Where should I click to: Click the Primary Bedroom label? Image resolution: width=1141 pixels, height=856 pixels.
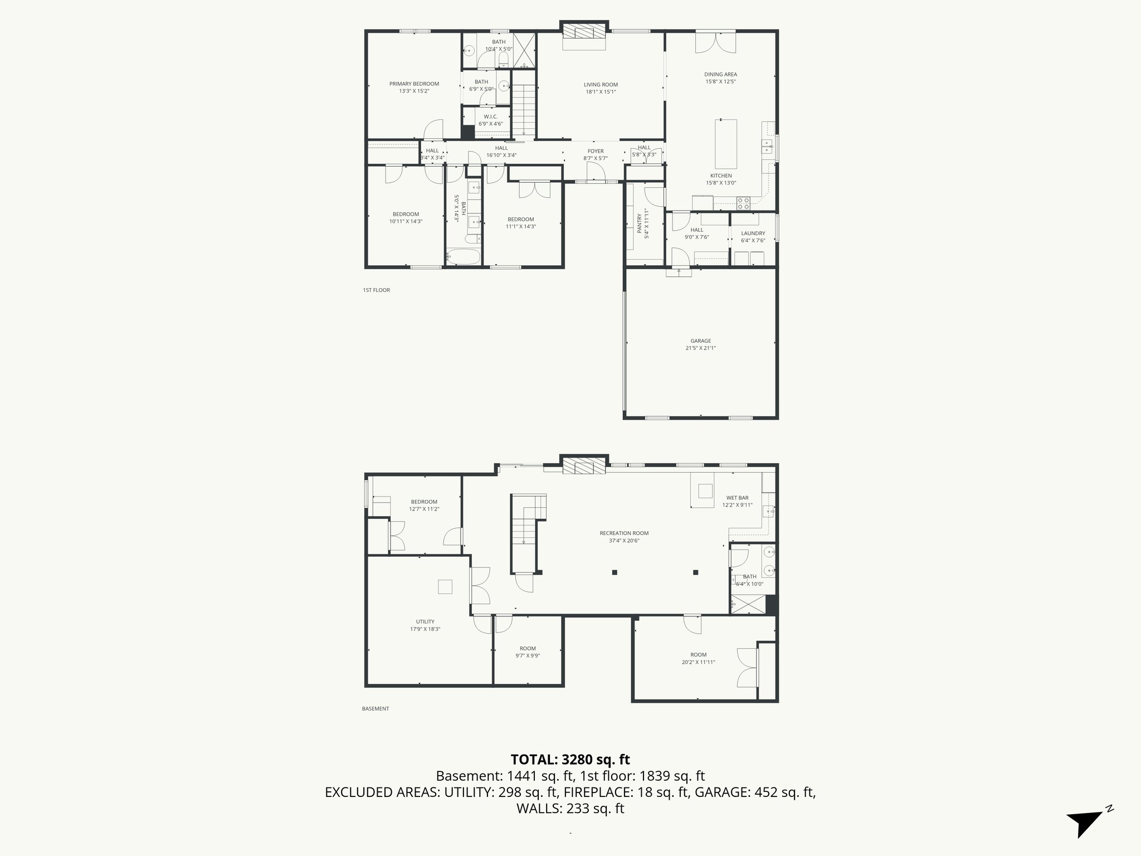point(414,84)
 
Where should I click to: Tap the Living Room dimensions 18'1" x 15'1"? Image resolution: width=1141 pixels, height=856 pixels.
point(601,92)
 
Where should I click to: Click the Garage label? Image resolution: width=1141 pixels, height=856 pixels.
point(700,341)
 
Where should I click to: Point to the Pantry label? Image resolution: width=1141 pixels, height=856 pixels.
point(639,223)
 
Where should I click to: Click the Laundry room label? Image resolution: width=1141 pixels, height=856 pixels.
point(753,234)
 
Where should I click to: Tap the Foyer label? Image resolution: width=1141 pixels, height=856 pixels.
point(595,151)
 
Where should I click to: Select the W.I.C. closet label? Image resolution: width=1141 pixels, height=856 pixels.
point(490,116)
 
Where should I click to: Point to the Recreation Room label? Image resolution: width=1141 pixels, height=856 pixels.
point(624,533)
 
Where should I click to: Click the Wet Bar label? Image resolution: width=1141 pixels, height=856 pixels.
point(737,498)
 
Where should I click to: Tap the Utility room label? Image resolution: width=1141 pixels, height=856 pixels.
point(425,622)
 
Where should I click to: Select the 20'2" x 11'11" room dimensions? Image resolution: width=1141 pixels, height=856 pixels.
point(698,663)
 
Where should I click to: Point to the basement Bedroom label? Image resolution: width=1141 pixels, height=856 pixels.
point(424,502)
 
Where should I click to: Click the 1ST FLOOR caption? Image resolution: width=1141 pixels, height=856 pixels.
point(377,290)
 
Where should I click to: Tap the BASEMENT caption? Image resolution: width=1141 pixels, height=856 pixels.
point(376,709)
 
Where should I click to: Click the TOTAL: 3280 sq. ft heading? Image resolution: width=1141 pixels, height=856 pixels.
point(570,760)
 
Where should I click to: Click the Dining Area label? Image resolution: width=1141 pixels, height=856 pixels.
point(720,74)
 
